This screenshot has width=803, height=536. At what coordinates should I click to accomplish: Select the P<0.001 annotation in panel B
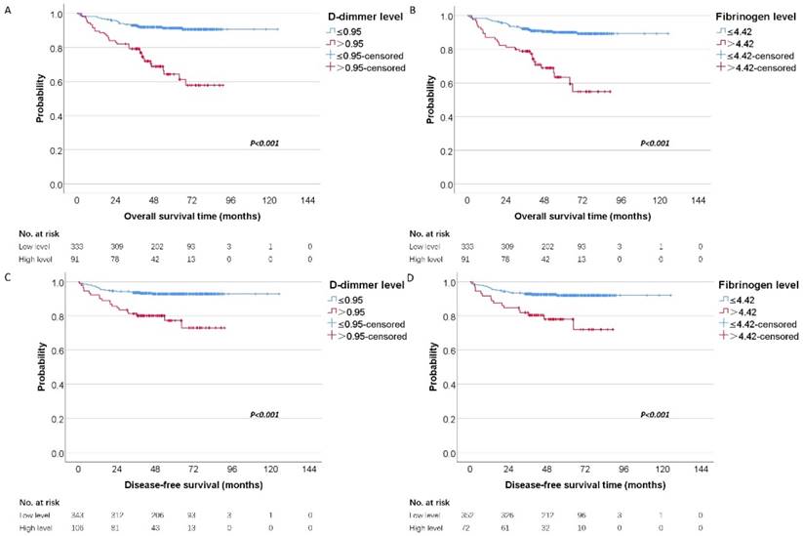654,144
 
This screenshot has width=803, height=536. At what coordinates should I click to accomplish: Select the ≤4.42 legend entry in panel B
741,31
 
